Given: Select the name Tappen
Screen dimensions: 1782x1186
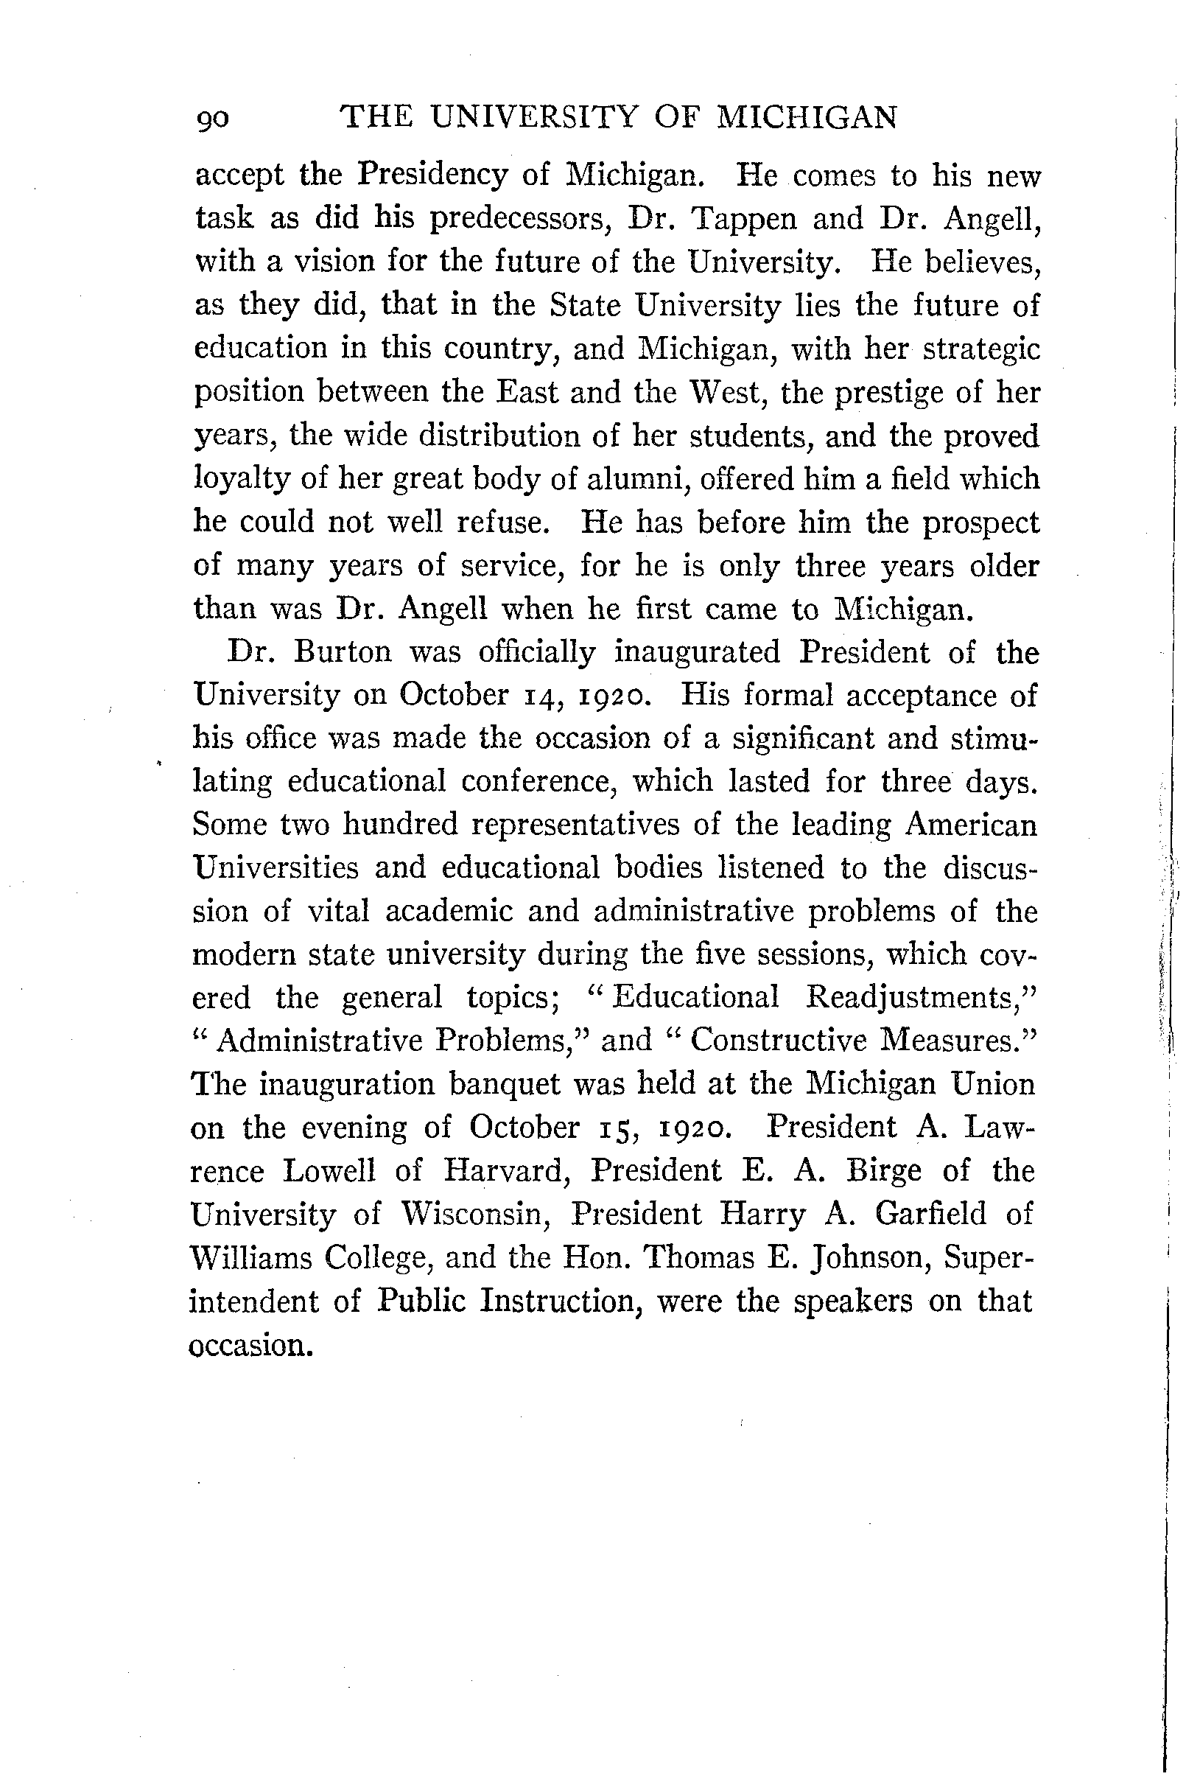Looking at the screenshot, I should pyautogui.click(x=744, y=219).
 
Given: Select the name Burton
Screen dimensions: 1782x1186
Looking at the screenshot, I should pyautogui.click(x=343, y=652).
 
